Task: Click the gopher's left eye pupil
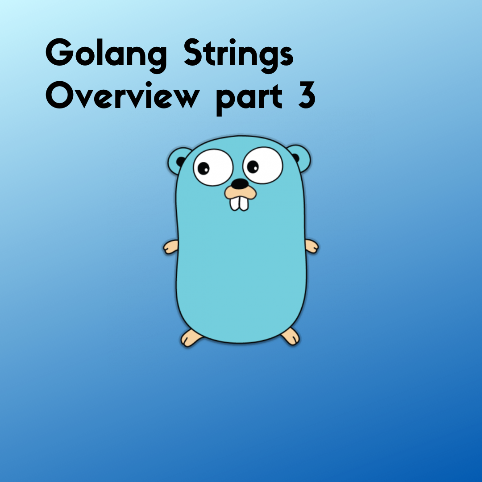click(x=204, y=168)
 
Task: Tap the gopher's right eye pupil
click(x=253, y=167)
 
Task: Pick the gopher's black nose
click(x=241, y=183)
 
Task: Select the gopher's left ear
click(x=177, y=158)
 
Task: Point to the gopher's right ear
click(x=299, y=156)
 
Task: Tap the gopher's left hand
click(x=170, y=247)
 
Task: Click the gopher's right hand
click(x=311, y=246)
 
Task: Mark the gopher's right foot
click(x=291, y=336)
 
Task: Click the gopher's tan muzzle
click(x=241, y=192)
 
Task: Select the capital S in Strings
click(x=196, y=54)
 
